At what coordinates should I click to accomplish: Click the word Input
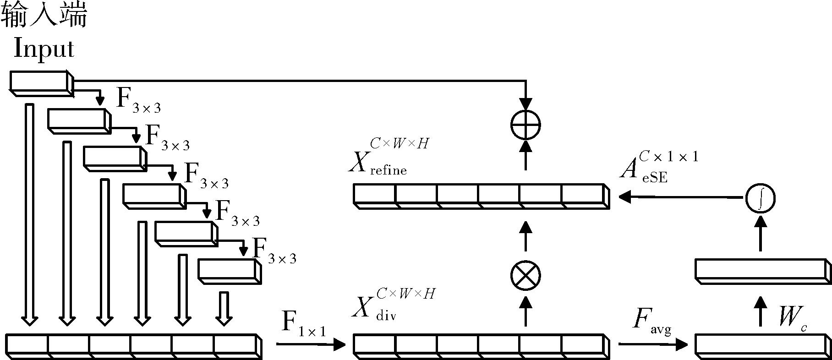click(44, 49)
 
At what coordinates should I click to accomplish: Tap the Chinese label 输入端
click(44, 16)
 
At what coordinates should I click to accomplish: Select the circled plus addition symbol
click(525, 124)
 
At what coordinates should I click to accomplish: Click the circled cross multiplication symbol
click(525, 276)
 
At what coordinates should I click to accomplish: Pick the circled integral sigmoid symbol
click(760, 198)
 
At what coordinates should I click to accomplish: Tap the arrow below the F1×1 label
click(311, 344)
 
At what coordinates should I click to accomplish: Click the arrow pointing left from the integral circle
click(680, 197)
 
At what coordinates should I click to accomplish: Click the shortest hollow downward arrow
click(224, 308)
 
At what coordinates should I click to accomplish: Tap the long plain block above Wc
click(762, 270)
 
